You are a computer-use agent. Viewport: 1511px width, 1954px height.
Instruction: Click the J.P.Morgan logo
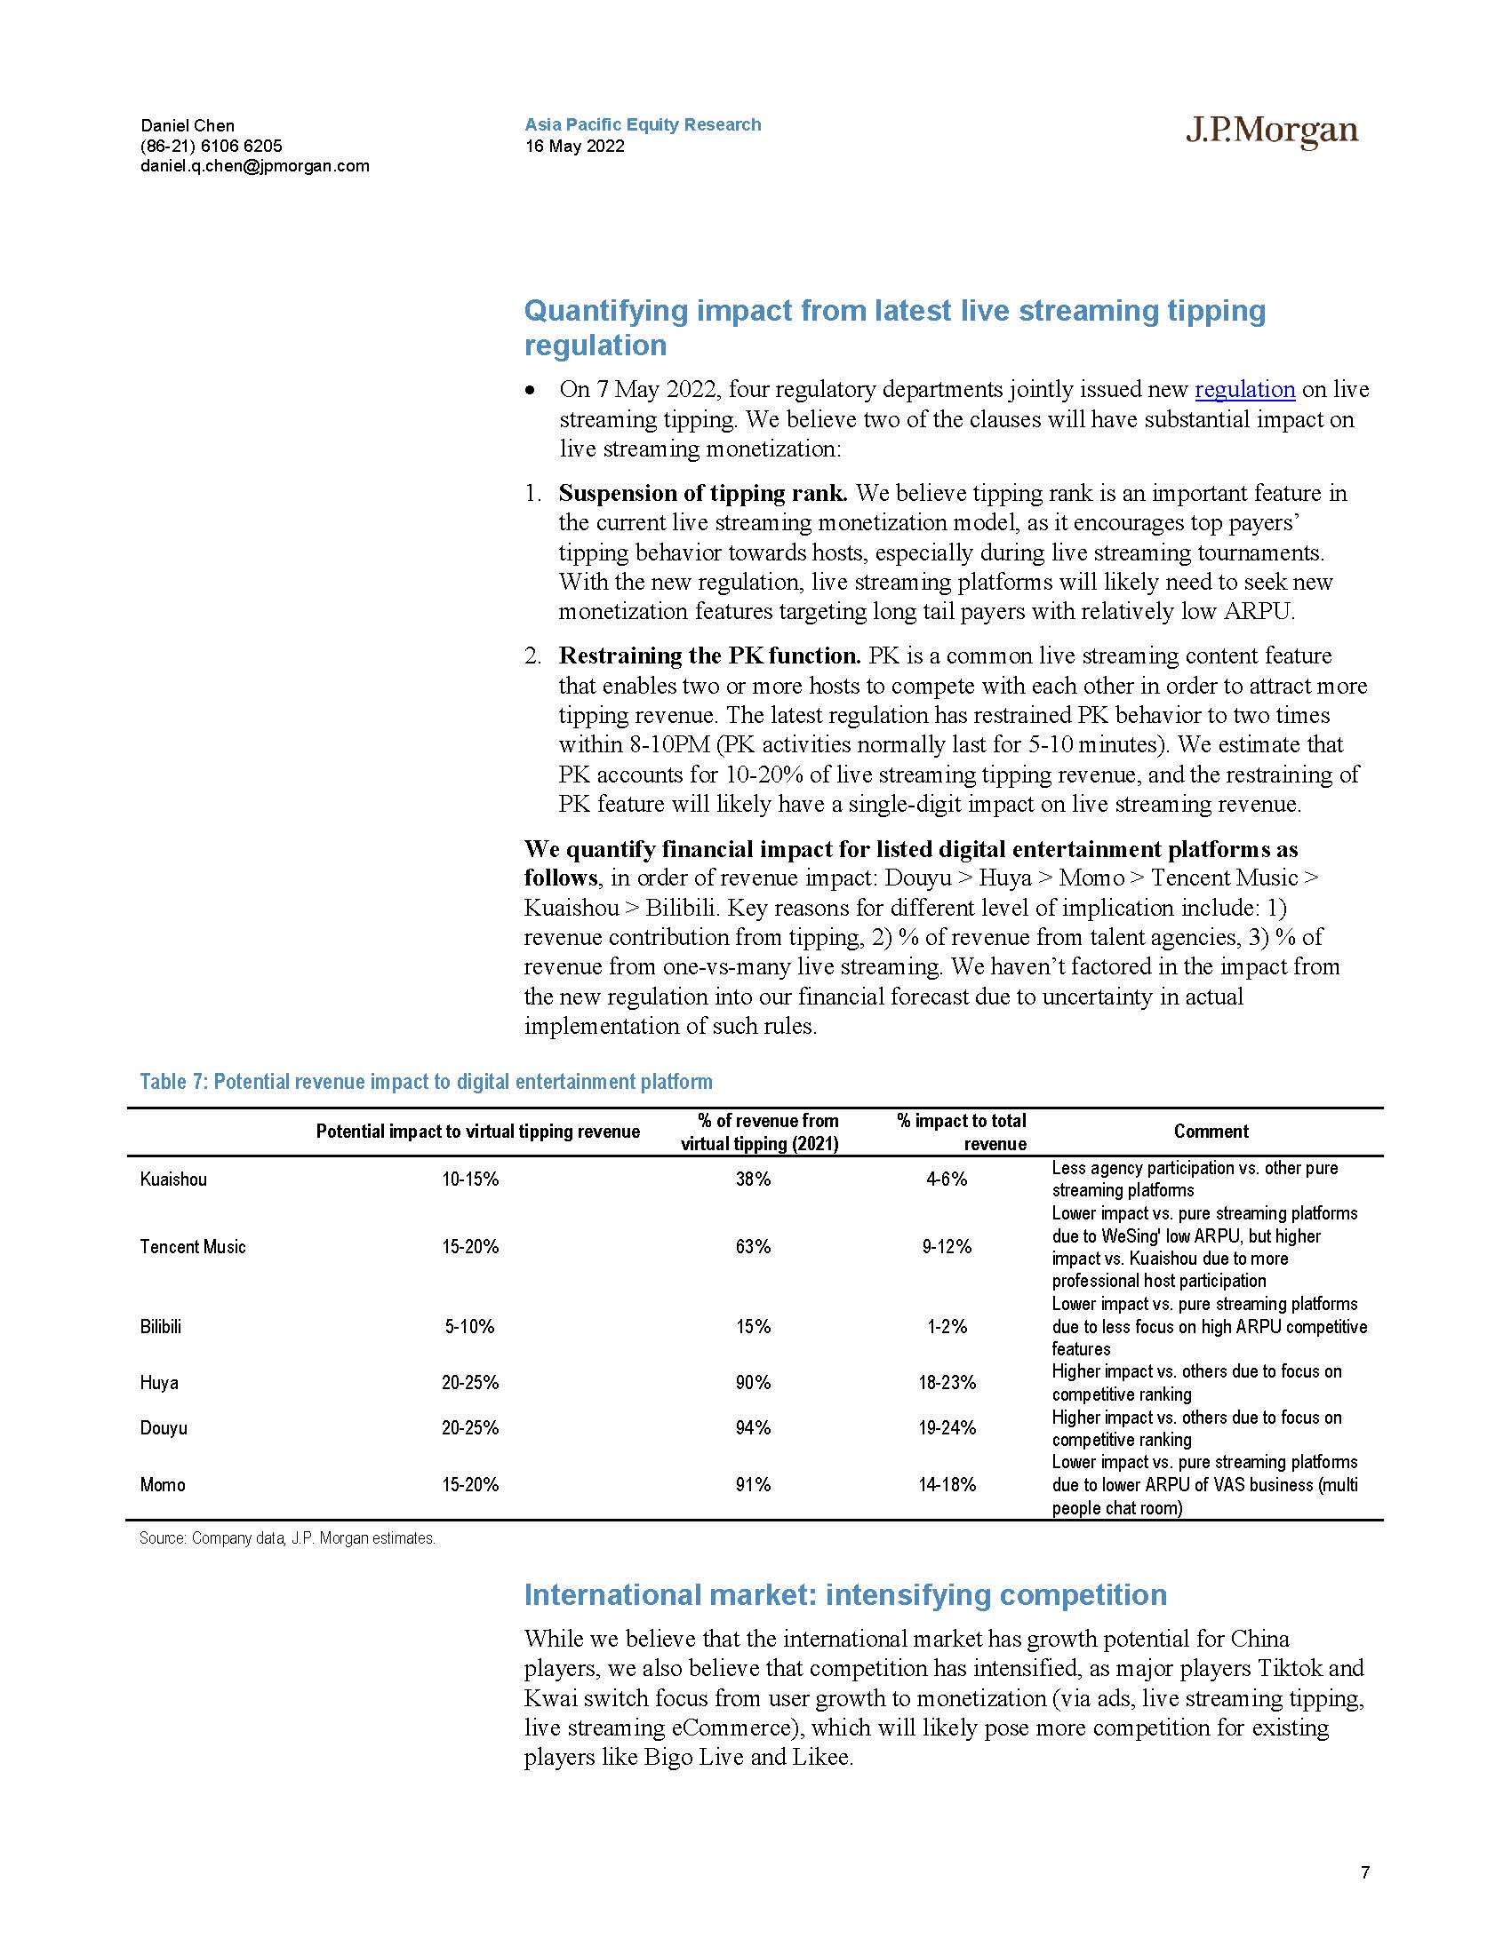pos(1271,131)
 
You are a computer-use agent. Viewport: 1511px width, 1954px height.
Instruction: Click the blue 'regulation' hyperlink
pos(1244,389)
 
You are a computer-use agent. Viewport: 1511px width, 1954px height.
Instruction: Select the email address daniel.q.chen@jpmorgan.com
pos(254,165)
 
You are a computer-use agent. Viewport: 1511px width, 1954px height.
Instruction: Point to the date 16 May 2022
pos(575,146)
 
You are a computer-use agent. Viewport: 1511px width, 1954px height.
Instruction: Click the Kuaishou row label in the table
pos(172,1180)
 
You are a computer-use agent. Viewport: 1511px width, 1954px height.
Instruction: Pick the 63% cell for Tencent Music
pos(753,1246)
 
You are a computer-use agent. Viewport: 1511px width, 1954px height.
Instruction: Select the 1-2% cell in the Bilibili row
pos(947,1326)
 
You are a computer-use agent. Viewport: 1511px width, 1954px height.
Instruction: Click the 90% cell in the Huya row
pos(753,1382)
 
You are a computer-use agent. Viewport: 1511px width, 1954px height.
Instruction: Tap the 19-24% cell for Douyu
pos(947,1428)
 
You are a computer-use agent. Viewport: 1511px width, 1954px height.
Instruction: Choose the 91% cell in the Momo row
pos(753,1484)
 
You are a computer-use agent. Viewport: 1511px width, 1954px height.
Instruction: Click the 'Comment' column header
pos(1211,1132)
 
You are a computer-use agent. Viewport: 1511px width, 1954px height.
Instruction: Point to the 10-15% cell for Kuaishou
pos(470,1180)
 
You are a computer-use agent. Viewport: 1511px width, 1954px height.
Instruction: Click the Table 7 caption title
pos(426,1082)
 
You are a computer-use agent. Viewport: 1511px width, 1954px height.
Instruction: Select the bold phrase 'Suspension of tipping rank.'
pos(703,493)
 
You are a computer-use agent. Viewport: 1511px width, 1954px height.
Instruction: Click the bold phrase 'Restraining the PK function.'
pos(709,655)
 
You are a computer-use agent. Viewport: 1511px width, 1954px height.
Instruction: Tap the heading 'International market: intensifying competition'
pos(845,1594)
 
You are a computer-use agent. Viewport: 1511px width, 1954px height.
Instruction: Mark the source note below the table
pos(287,1539)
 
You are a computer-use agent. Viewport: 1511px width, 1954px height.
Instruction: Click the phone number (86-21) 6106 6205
pos(212,146)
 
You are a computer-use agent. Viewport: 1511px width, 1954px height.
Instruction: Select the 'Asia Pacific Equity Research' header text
pos(643,124)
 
